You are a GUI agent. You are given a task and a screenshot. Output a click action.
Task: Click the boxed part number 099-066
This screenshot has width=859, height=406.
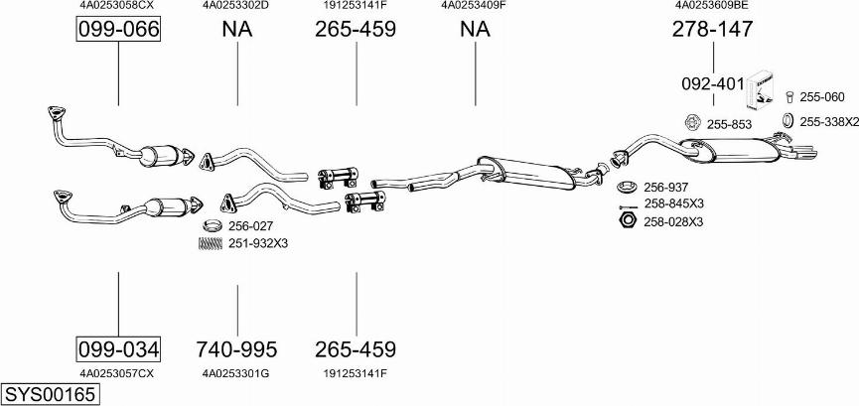pyautogui.click(x=118, y=30)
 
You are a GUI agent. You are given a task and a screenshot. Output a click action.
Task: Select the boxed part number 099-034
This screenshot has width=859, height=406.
pyautogui.click(x=118, y=349)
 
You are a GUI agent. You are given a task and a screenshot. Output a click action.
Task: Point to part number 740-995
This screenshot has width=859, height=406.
pyautogui.click(x=237, y=349)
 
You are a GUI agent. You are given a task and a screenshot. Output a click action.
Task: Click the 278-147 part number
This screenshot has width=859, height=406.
pyautogui.click(x=712, y=30)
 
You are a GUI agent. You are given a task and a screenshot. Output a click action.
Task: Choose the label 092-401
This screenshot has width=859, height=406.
pyautogui.click(x=711, y=84)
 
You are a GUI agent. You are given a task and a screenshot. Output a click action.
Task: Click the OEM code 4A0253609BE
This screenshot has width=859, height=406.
pyautogui.click(x=712, y=5)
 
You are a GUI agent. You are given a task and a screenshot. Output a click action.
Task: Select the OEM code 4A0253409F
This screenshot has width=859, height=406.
pyautogui.click(x=474, y=5)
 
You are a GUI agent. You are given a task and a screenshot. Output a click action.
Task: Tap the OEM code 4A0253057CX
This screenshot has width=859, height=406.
pyautogui.click(x=118, y=373)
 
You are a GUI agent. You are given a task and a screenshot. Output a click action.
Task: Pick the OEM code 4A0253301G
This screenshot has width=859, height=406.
pyautogui.click(x=236, y=373)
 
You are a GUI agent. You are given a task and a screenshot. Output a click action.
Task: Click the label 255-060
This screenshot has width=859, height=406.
pyautogui.click(x=821, y=97)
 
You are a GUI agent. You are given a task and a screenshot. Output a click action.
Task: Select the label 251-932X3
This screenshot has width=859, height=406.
pyautogui.click(x=257, y=243)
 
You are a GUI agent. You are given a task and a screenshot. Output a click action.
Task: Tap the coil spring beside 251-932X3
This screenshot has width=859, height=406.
pyautogui.click(x=211, y=243)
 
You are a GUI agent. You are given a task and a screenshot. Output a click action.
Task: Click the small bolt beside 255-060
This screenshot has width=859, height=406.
pyautogui.click(x=788, y=97)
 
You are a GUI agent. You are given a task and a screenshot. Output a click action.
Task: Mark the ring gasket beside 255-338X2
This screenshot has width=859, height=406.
pyautogui.click(x=784, y=121)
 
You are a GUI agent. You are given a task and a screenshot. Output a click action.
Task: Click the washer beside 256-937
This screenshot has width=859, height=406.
pyautogui.click(x=627, y=187)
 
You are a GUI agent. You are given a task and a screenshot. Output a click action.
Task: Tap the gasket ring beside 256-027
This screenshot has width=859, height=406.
pyautogui.click(x=211, y=226)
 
